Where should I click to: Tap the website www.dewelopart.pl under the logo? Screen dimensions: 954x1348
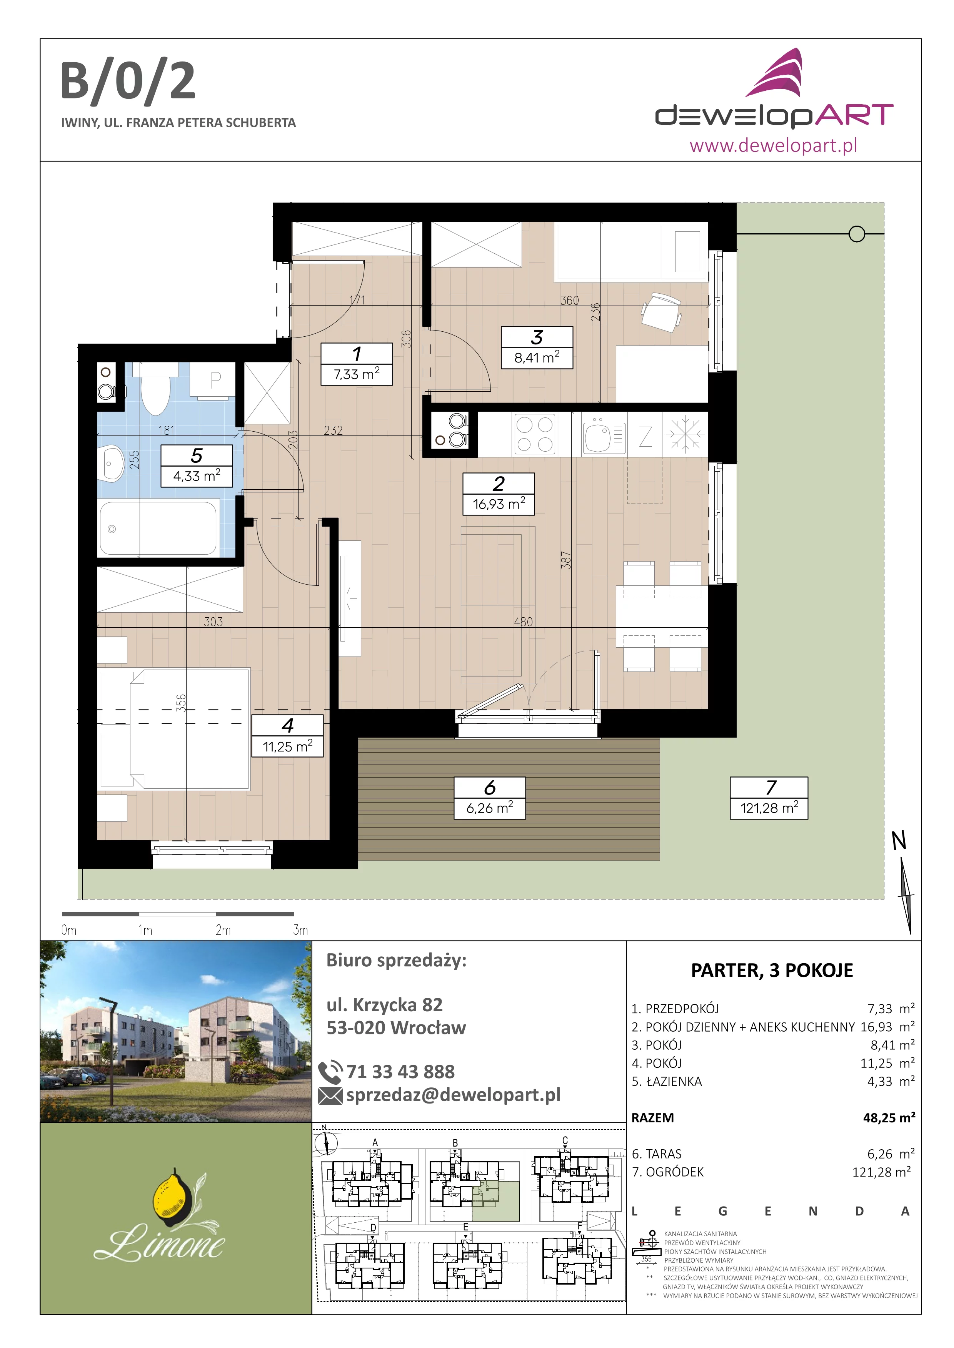773,145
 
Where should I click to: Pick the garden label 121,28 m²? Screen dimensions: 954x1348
769,798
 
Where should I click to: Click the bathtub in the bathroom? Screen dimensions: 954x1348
158,528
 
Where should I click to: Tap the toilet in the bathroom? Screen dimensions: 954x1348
156,387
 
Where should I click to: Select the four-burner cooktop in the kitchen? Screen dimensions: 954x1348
534,434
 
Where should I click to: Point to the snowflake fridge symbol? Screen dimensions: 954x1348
685,434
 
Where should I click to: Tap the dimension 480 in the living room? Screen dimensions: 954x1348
524,621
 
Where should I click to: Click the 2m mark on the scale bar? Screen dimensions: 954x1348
223,930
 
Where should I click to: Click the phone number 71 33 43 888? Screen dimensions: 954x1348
400,1072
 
